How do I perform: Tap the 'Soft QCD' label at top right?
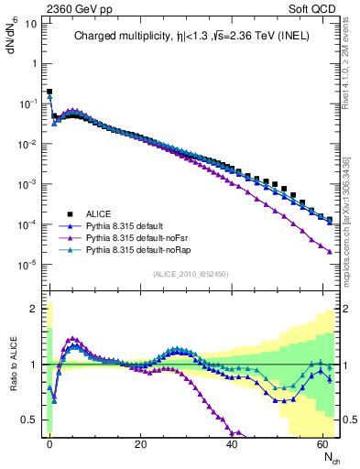[x=317, y=7]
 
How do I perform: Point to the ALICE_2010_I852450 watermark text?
[x=192, y=273]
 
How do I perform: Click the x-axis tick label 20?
[x=141, y=444]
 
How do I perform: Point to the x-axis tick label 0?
[x=49, y=444]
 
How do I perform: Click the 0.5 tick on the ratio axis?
[x=32, y=420]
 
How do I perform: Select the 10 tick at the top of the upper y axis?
[x=31, y=23]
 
